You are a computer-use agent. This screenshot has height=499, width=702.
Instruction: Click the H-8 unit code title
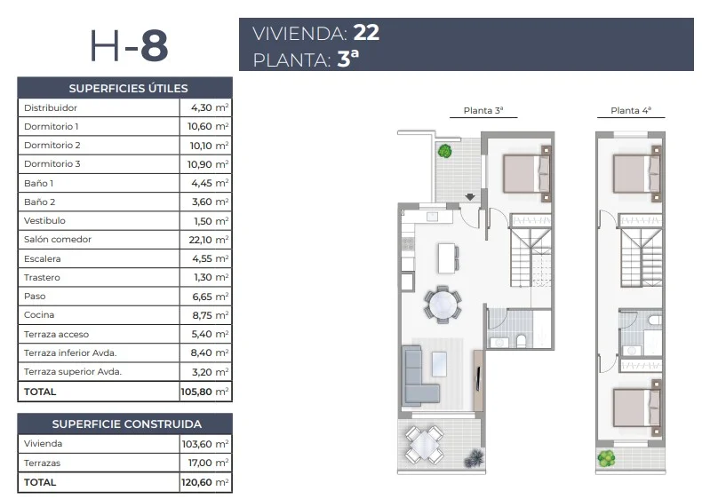(x=129, y=45)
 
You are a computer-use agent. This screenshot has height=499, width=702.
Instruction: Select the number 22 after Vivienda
(x=366, y=33)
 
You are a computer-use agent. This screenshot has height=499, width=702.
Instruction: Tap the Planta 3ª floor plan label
(x=483, y=110)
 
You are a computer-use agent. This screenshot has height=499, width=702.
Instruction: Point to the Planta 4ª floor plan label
(x=631, y=110)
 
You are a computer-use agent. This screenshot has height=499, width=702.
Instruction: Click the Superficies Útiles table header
(x=129, y=88)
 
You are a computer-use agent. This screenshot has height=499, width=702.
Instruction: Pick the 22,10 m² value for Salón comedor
(x=209, y=240)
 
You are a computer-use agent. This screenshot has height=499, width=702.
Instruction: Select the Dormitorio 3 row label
(x=52, y=163)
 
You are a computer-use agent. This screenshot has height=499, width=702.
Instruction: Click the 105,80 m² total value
(x=205, y=392)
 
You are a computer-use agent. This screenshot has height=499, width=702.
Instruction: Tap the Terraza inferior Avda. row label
(x=70, y=352)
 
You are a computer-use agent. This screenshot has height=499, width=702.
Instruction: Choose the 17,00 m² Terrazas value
(x=209, y=463)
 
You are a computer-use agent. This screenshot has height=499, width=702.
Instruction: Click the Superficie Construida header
(x=127, y=424)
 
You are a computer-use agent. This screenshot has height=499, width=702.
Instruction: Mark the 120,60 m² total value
(x=205, y=482)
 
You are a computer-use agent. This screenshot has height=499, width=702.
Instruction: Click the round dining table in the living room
(x=443, y=305)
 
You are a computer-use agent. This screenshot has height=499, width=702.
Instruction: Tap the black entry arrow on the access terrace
(x=470, y=196)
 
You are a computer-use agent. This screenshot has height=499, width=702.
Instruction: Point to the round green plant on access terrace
(x=444, y=151)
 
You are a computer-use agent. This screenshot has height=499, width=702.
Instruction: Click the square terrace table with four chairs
(x=424, y=445)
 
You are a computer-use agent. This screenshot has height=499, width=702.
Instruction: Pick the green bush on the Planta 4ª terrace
(x=606, y=458)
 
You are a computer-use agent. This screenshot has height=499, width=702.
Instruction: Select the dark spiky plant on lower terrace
(x=475, y=459)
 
